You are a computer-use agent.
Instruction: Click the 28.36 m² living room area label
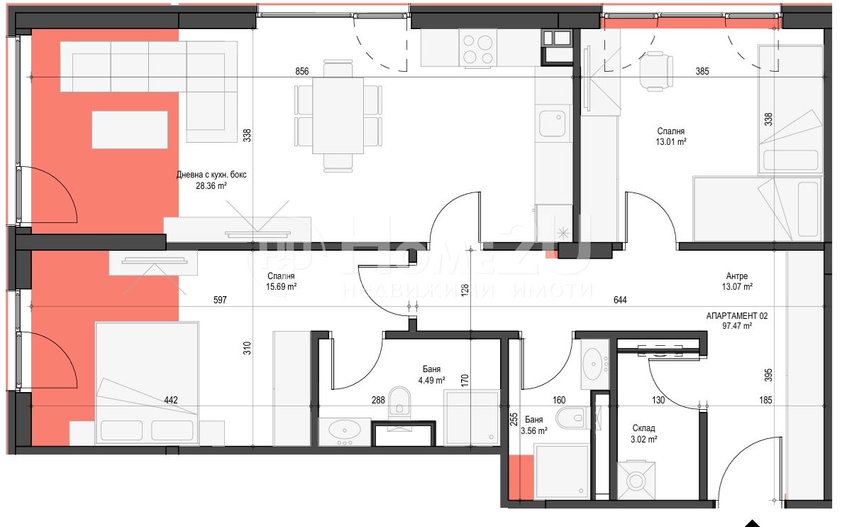[x=211, y=186]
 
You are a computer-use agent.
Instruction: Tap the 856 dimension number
[x=302, y=71]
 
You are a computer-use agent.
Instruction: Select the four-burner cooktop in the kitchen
[x=478, y=50]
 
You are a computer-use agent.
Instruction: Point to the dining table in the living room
[x=338, y=115]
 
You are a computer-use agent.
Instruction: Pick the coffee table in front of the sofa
[x=130, y=129]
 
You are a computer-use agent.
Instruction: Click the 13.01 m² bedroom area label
[x=671, y=142]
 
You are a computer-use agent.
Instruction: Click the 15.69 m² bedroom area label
[x=282, y=287]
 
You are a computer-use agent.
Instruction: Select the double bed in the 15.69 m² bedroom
[x=147, y=384]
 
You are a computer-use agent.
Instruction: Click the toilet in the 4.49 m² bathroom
[x=399, y=401]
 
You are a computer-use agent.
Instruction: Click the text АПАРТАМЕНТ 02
[x=737, y=315]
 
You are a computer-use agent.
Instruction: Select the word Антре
[x=737, y=276]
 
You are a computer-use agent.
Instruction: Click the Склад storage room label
[x=643, y=428]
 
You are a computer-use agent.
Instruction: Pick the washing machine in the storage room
[x=636, y=480]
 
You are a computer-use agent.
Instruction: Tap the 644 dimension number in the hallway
[x=620, y=300]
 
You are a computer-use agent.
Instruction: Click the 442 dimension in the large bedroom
[x=171, y=400]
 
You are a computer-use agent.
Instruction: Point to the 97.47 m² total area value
[x=737, y=326]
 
